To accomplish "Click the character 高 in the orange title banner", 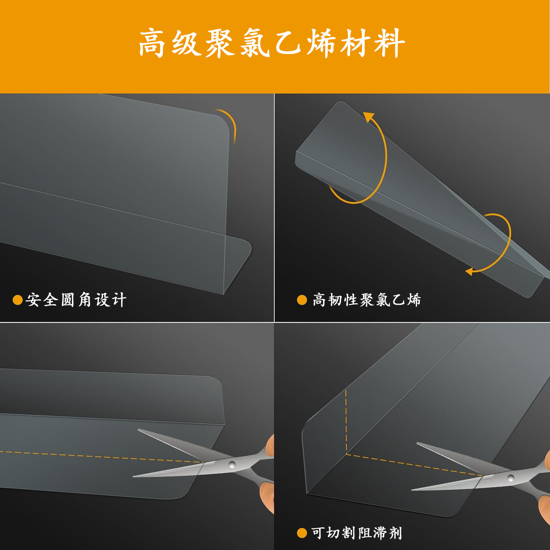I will (152, 43).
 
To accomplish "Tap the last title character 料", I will (389, 43).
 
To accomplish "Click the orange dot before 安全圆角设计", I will (17, 300).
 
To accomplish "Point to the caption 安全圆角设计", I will (76, 300).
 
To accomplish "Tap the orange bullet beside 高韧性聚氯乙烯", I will (302, 300).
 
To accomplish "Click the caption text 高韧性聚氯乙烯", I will (366, 300).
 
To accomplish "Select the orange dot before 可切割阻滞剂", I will (302, 533).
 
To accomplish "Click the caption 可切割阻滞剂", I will (356, 533).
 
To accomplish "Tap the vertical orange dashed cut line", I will (346, 422).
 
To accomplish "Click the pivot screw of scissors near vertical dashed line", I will (510, 478).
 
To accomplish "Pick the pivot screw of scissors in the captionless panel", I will (232, 465).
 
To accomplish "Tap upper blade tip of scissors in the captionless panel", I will (139, 430).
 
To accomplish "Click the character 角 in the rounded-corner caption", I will (85, 300).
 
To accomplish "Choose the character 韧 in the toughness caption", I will (335, 300).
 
